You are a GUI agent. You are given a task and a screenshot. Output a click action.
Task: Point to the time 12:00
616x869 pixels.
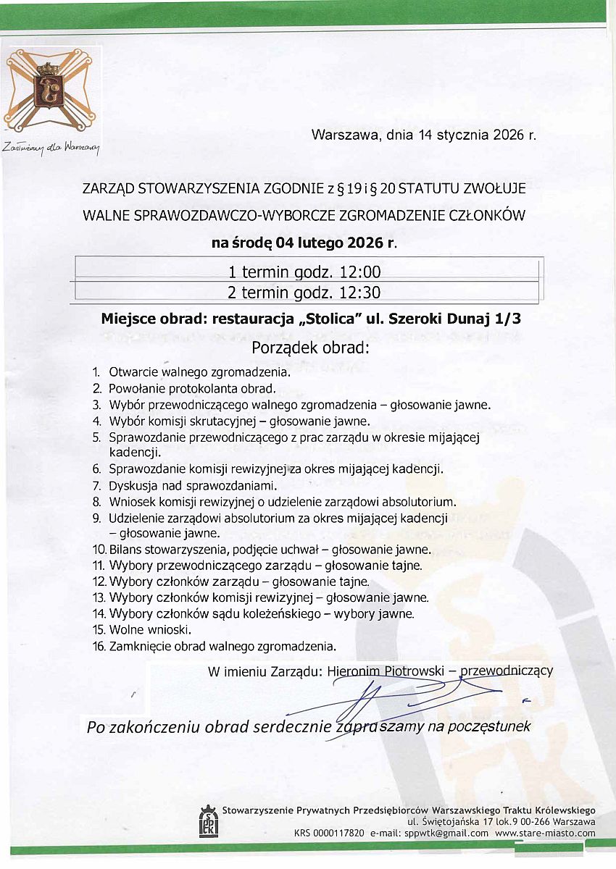click(x=356, y=272)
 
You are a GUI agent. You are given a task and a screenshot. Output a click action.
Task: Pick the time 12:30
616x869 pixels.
click(x=356, y=293)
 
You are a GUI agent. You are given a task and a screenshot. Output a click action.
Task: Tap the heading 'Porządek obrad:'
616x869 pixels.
click(x=310, y=348)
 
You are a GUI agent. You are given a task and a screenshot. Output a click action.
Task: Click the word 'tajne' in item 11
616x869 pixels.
click(x=407, y=566)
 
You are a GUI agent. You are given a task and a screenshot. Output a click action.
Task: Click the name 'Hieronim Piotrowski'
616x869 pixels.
click(x=386, y=671)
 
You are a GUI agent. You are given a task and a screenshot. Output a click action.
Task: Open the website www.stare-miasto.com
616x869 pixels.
click(x=545, y=834)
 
